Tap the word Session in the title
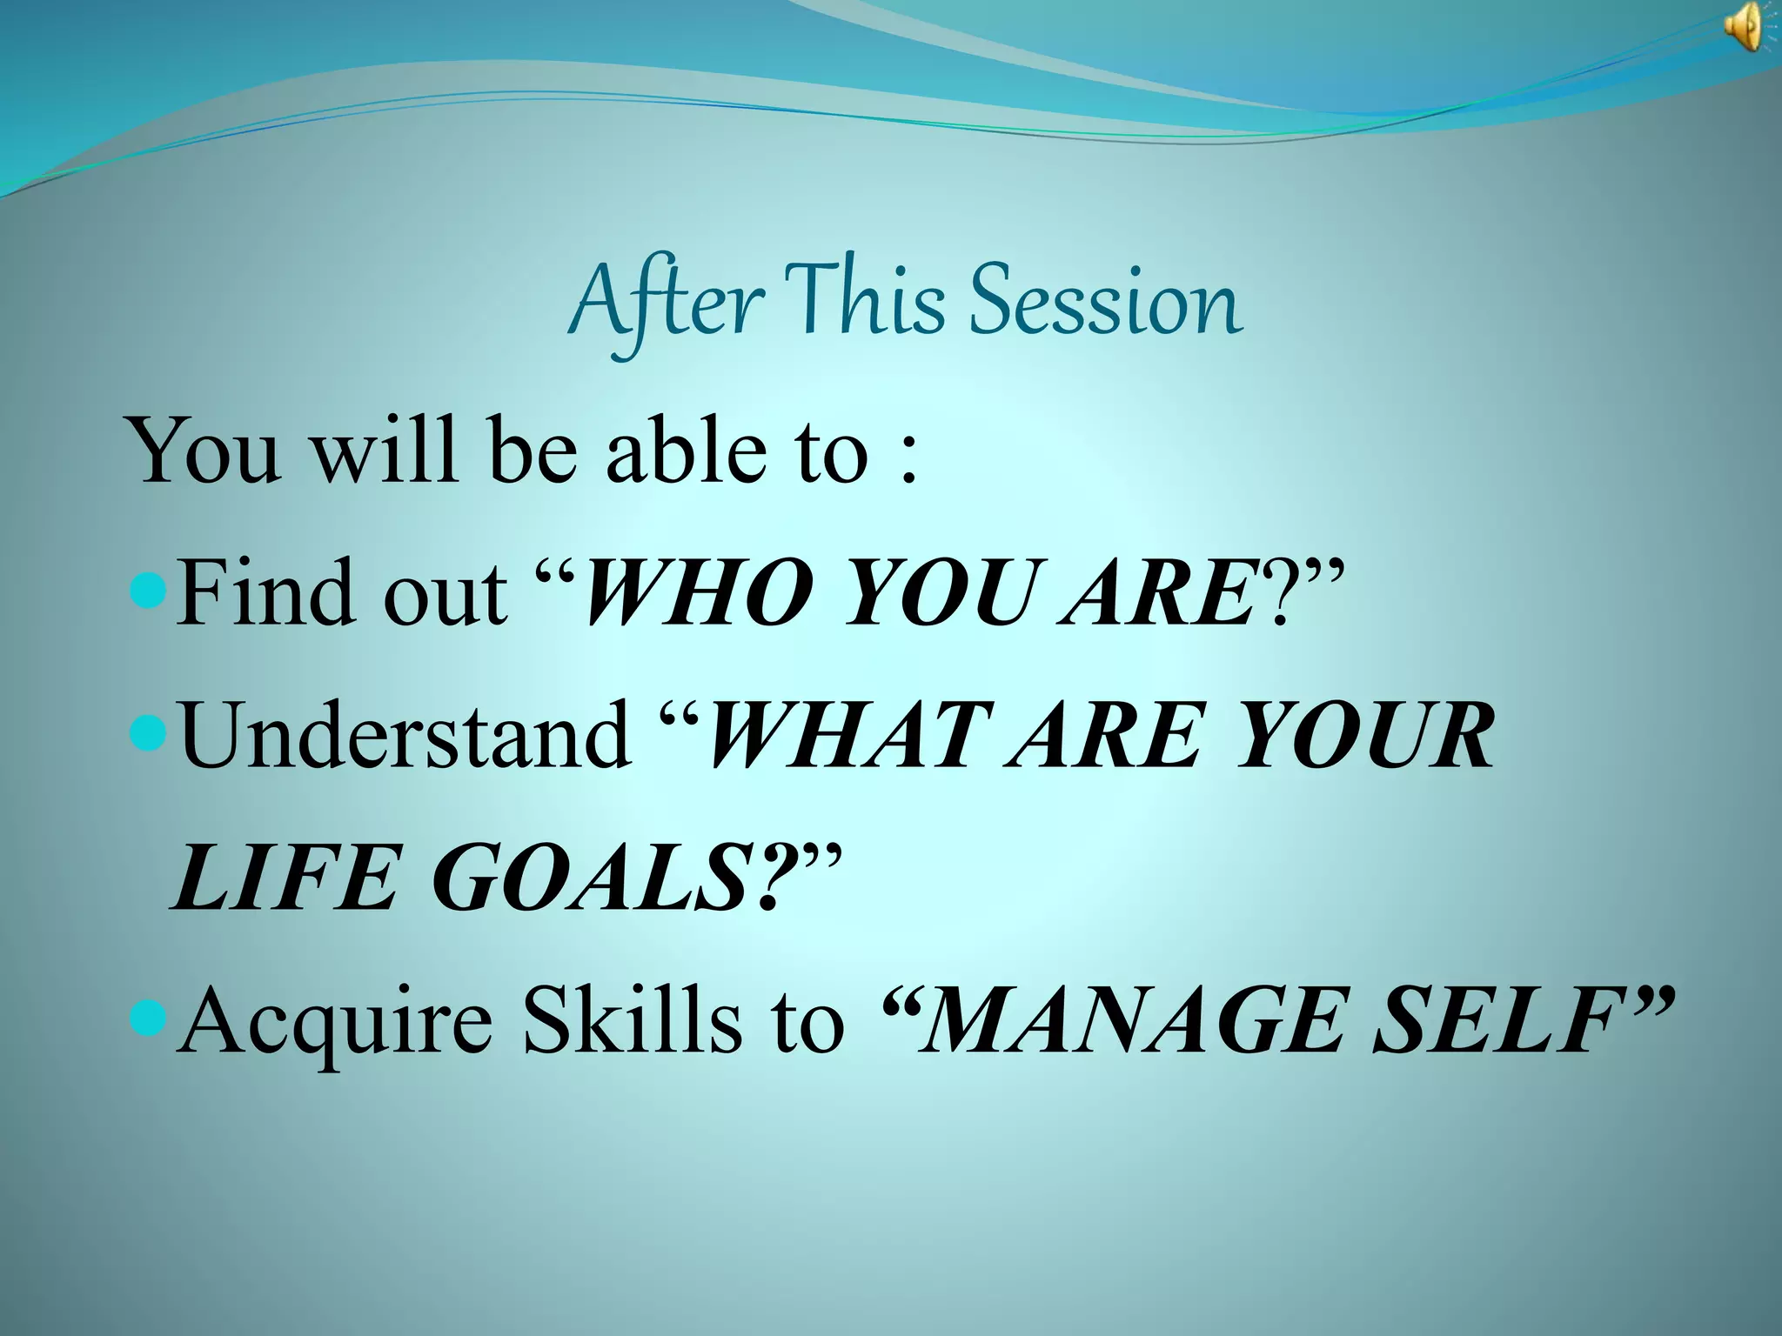pyautogui.click(x=1105, y=301)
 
